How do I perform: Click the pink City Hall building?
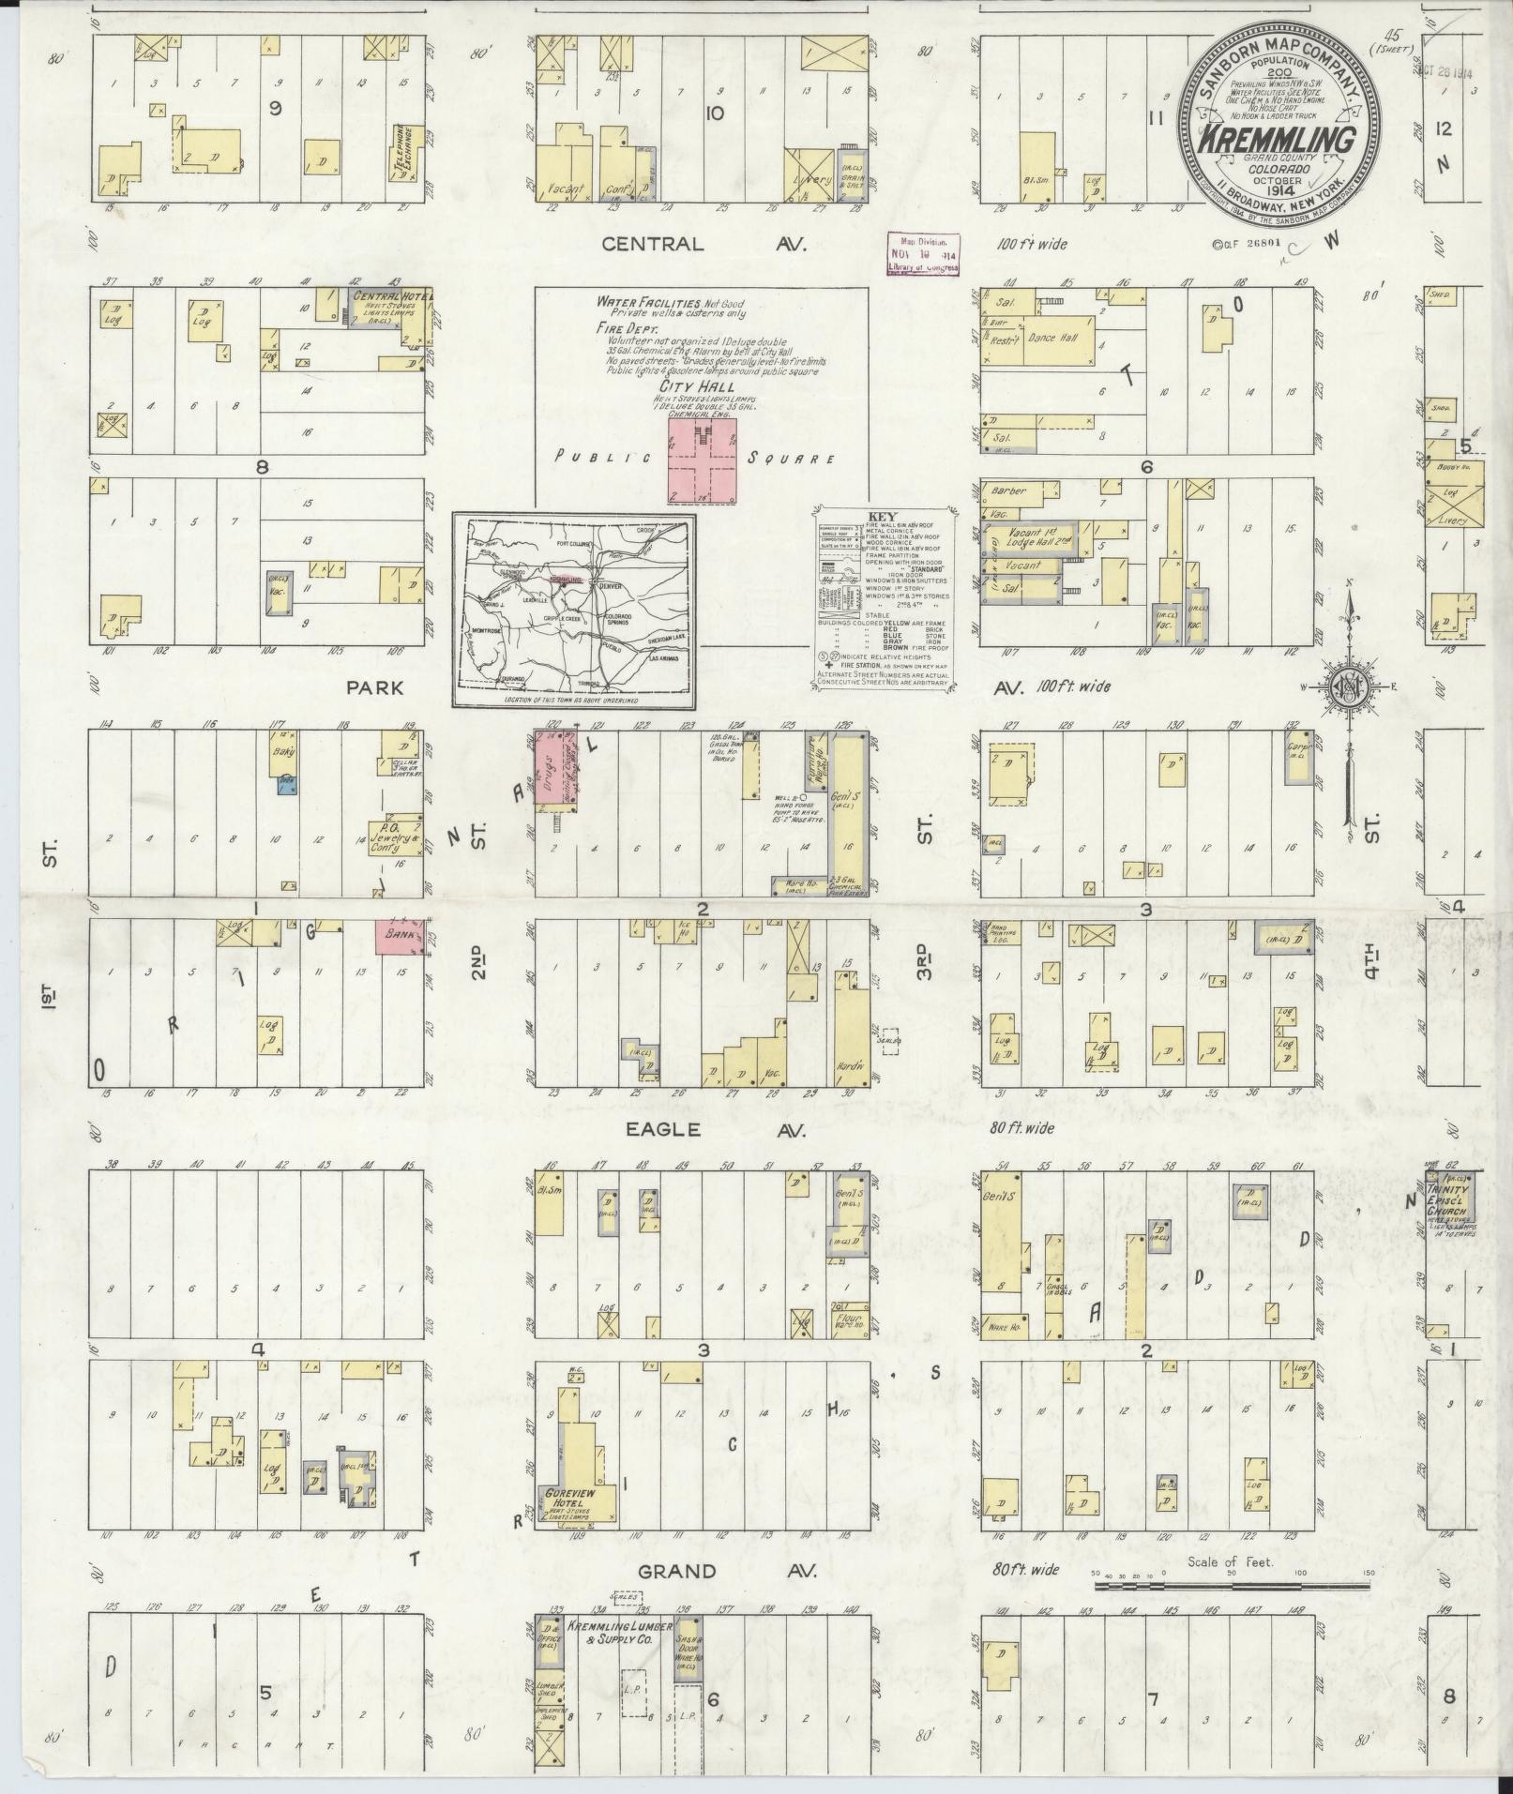(x=702, y=460)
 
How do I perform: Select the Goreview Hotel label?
(x=570, y=1496)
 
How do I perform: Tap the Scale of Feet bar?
(x=1231, y=1587)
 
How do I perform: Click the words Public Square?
(x=694, y=458)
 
